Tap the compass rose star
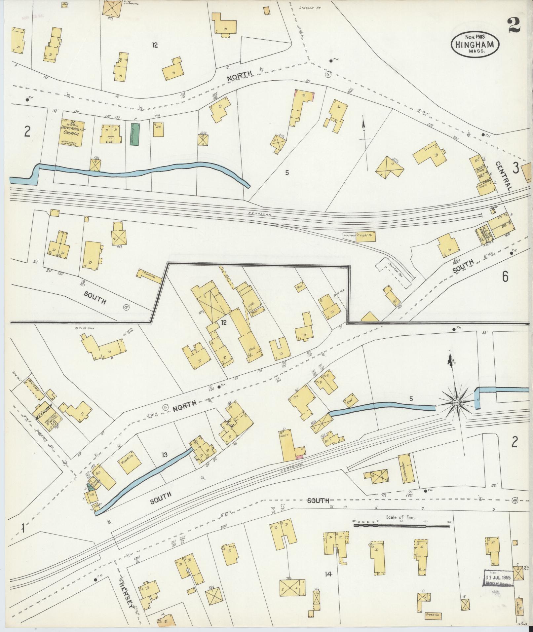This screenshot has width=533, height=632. click(456, 402)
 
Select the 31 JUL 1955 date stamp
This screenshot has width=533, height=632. click(498, 578)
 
